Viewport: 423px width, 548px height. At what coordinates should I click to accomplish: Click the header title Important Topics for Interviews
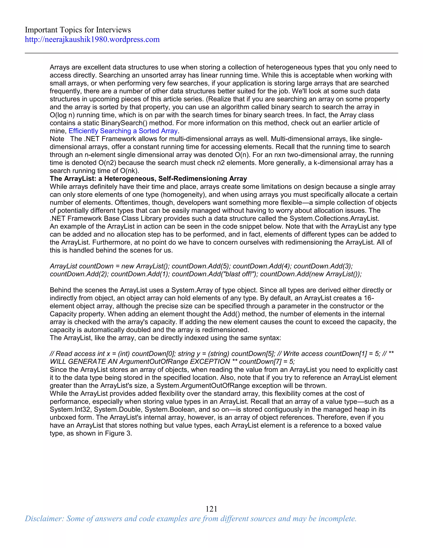(78, 30)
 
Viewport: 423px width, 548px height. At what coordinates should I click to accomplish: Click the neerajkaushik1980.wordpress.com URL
(92, 39)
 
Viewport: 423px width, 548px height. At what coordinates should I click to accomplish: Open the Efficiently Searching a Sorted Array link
(123, 131)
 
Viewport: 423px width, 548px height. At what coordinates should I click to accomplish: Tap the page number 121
(211, 509)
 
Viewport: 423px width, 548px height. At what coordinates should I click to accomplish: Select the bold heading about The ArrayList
(148, 179)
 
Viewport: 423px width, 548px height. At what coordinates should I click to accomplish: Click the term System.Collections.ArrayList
(334, 219)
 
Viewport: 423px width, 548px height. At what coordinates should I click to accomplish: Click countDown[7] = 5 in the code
(267, 361)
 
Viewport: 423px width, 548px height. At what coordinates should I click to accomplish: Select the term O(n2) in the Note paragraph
(107, 163)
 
